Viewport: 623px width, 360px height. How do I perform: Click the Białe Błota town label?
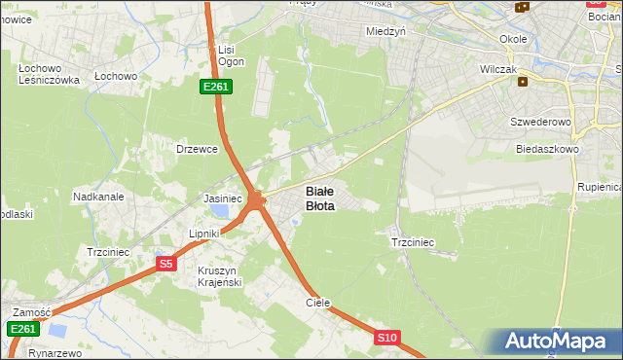[x=320, y=198]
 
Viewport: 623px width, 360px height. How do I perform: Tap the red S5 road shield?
[x=166, y=264]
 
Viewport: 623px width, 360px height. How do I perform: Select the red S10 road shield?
[x=386, y=338]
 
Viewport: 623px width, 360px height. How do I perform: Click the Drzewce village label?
[x=196, y=149]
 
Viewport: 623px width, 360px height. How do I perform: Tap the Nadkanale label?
[x=98, y=197]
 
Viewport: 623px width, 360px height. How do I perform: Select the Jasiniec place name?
[x=222, y=198]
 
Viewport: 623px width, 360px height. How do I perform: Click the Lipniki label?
[x=205, y=234]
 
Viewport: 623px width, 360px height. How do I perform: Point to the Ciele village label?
[x=318, y=303]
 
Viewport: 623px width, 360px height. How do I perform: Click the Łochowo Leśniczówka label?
[x=49, y=75]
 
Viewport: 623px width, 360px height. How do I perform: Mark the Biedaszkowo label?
[x=548, y=150]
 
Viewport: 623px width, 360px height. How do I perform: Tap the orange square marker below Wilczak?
[x=524, y=82]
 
